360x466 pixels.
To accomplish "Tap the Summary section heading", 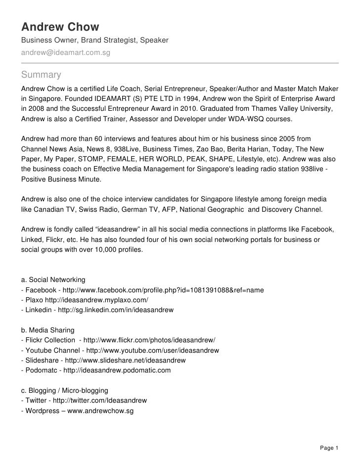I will [41, 75].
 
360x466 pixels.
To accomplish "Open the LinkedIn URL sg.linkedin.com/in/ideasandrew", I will [116, 310].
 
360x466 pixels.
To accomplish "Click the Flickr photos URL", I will [150, 340].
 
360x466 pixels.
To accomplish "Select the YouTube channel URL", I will [147, 350].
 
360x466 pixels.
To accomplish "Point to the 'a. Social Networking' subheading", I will [54, 280].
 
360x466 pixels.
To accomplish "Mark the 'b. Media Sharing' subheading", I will [48, 330].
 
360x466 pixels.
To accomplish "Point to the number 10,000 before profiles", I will [98, 250].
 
